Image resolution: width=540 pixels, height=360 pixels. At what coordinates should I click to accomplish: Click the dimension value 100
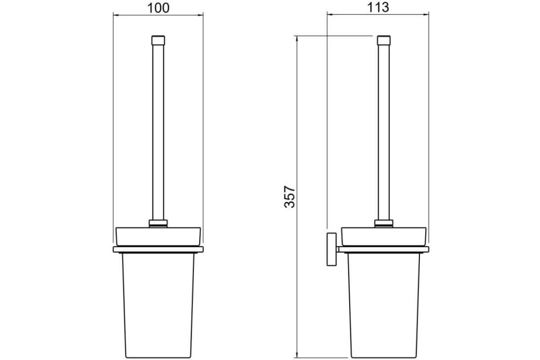[x=158, y=8]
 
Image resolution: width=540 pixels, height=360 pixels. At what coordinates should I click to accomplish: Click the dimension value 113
[x=378, y=8]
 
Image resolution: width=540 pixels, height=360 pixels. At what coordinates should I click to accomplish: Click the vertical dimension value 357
[x=289, y=197]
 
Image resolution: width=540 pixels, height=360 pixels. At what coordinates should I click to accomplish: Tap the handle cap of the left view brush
[x=158, y=40]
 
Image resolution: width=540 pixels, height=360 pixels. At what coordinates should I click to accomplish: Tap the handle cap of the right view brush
[x=384, y=40]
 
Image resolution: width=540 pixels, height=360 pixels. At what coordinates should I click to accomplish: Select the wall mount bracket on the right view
[x=332, y=249]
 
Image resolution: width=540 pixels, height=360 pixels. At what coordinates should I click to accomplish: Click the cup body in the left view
[x=158, y=306]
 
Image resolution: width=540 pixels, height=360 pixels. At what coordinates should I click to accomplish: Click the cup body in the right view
[x=384, y=306]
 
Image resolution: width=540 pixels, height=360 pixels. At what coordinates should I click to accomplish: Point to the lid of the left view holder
[x=158, y=237]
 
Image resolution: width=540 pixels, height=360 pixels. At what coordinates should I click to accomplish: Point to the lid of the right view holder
[x=384, y=237]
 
